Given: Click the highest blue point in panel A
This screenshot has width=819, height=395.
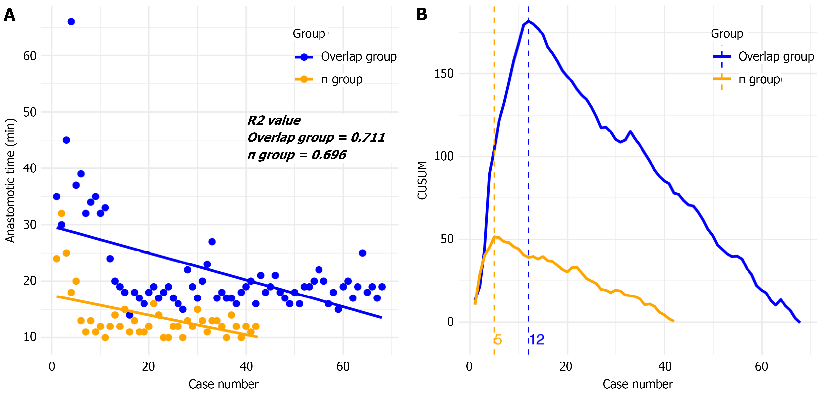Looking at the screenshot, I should (71, 22).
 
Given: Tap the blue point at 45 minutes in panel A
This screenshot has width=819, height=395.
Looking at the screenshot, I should (66, 140).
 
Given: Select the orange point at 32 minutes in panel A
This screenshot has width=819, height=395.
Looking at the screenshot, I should (62, 213).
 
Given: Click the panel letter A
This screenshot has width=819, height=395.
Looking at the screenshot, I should (9, 15).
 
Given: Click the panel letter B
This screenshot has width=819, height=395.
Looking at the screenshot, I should (422, 14).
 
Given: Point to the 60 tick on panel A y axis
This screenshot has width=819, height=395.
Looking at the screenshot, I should (30, 56).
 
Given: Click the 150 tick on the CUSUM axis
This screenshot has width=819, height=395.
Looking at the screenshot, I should (444, 73).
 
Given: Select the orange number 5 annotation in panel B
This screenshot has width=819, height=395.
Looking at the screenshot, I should (498, 340).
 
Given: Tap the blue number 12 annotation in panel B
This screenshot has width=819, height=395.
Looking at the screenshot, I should (537, 340).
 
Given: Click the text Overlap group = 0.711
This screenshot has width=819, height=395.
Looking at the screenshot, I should (316, 138).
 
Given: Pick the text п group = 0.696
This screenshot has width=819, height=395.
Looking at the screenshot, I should (297, 155).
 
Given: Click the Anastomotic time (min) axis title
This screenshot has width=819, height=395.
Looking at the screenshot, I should (10, 180).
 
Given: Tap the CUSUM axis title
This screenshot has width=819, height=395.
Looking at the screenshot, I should (422, 180).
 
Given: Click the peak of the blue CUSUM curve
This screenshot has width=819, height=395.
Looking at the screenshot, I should (528, 21).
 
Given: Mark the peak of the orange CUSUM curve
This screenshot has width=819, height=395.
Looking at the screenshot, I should (494, 236).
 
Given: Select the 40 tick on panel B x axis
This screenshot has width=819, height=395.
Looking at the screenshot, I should (665, 366).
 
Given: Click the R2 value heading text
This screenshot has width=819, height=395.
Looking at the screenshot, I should (274, 120).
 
